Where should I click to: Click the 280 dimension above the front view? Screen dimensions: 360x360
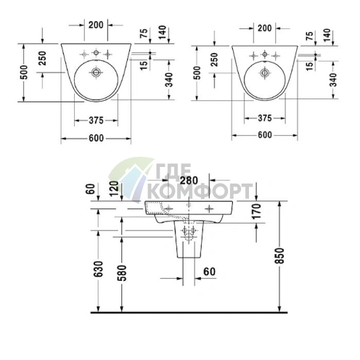189,180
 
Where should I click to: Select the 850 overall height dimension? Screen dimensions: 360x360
281,255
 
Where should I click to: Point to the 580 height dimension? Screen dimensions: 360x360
123,273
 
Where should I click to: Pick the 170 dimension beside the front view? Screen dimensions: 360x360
256,211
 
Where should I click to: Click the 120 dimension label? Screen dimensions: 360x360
115,189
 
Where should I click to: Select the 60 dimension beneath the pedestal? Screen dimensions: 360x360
209,271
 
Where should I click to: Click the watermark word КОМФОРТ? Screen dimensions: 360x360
200,191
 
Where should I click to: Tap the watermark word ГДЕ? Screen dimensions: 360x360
173,171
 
